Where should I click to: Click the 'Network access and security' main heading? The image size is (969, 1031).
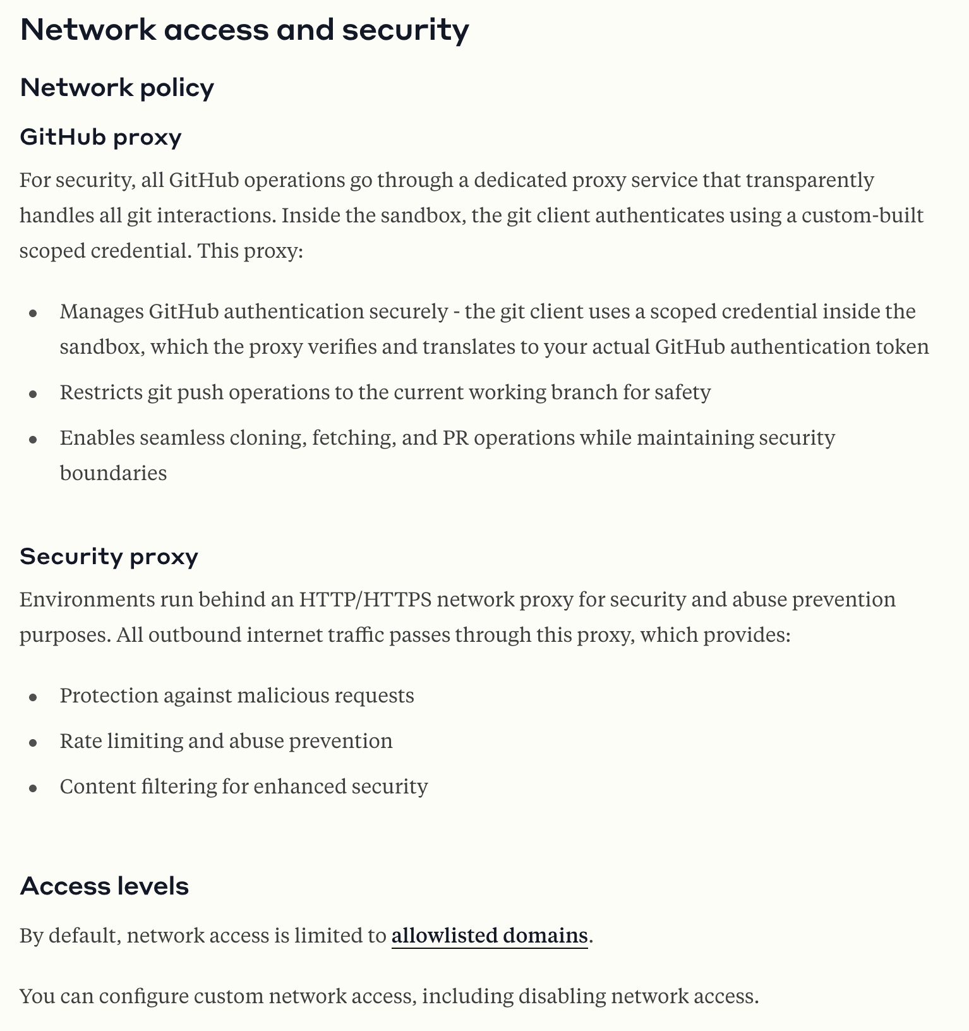point(244,30)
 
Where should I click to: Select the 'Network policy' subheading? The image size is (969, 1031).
point(117,88)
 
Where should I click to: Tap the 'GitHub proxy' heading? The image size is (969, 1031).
point(100,136)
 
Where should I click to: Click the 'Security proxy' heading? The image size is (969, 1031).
point(109,557)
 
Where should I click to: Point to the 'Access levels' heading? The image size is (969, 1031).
point(104,886)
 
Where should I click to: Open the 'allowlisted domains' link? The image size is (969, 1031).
point(490,936)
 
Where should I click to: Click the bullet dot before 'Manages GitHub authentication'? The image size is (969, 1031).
point(33,313)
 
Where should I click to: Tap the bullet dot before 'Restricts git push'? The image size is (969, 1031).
point(33,394)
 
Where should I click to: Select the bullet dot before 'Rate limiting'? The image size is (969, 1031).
point(33,742)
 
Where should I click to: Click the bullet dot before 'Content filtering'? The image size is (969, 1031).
point(33,788)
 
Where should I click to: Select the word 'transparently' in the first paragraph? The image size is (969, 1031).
point(810,181)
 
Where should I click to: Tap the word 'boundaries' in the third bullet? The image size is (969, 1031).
point(113,473)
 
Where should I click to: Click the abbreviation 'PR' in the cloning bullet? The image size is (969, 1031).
point(455,438)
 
